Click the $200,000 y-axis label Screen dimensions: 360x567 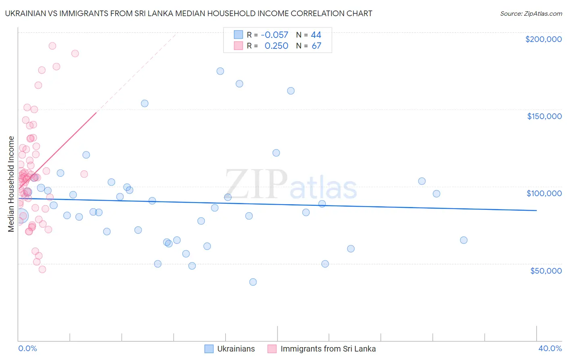pos(543,39)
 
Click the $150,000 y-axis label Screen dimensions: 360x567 pos(544,116)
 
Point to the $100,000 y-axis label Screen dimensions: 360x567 pos(544,193)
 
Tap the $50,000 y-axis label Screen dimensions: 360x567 pos(546,271)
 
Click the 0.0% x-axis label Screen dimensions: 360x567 pos(27,349)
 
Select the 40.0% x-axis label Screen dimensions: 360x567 pos(550,349)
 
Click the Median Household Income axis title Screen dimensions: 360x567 pos(11,184)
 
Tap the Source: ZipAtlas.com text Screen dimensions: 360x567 pos(531,14)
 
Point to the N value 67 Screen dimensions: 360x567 pos(316,46)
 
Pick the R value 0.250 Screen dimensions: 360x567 pos(276,46)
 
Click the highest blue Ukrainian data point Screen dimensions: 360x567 pos(220,71)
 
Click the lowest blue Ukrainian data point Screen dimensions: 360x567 pos(253,282)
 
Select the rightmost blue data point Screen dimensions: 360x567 pos(464,240)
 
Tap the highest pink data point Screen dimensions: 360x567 pos(52,46)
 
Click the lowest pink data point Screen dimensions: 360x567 pos(42,270)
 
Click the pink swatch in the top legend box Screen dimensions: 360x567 pos(238,46)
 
